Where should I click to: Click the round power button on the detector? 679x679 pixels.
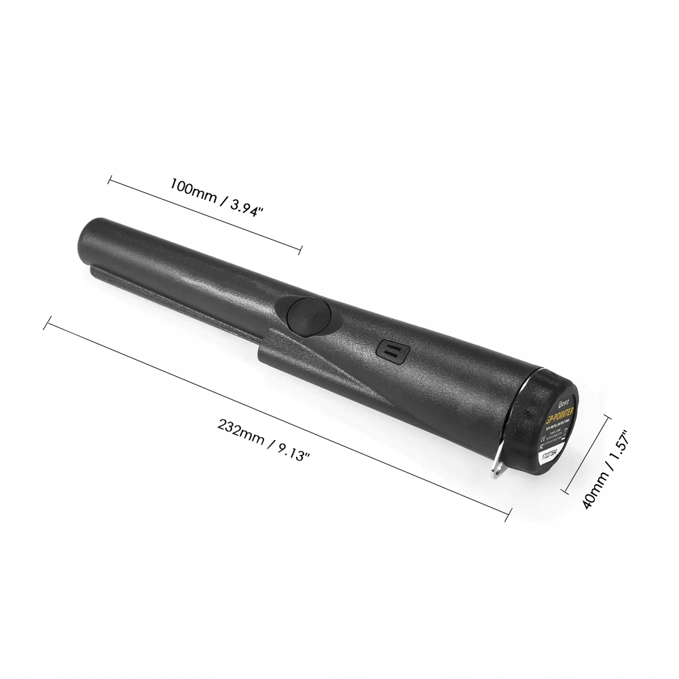pyautogui.click(x=309, y=315)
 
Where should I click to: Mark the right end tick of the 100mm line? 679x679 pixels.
pyautogui.click(x=300, y=250)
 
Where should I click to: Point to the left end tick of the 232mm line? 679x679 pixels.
pyautogui.click(x=47, y=323)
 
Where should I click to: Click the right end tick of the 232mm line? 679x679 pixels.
pyautogui.click(x=508, y=515)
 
